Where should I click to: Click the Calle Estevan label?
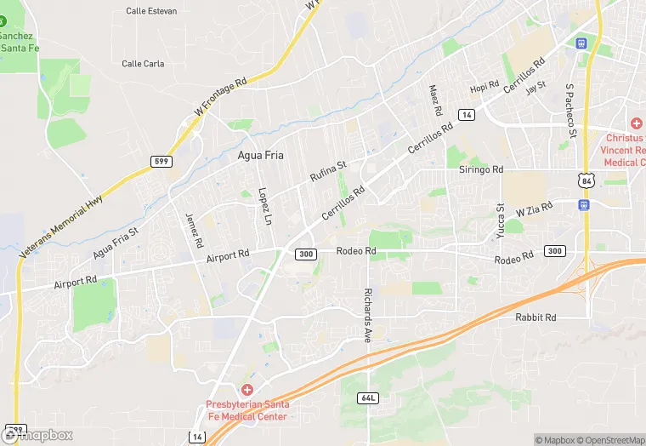click(x=151, y=11)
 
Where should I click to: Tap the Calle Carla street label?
click(x=143, y=64)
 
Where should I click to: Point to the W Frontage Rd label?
click(x=219, y=97)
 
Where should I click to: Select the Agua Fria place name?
click(x=260, y=156)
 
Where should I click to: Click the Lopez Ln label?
click(x=263, y=205)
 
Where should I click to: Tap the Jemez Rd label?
click(x=195, y=229)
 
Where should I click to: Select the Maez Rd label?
click(x=436, y=100)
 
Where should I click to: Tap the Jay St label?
click(x=535, y=88)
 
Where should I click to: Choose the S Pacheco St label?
click(x=572, y=111)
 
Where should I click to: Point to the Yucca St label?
click(x=501, y=219)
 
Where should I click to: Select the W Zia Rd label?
click(x=534, y=208)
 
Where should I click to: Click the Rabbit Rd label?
click(x=535, y=317)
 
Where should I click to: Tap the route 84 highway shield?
click(x=584, y=180)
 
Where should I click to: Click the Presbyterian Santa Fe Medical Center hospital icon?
click(x=246, y=389)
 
